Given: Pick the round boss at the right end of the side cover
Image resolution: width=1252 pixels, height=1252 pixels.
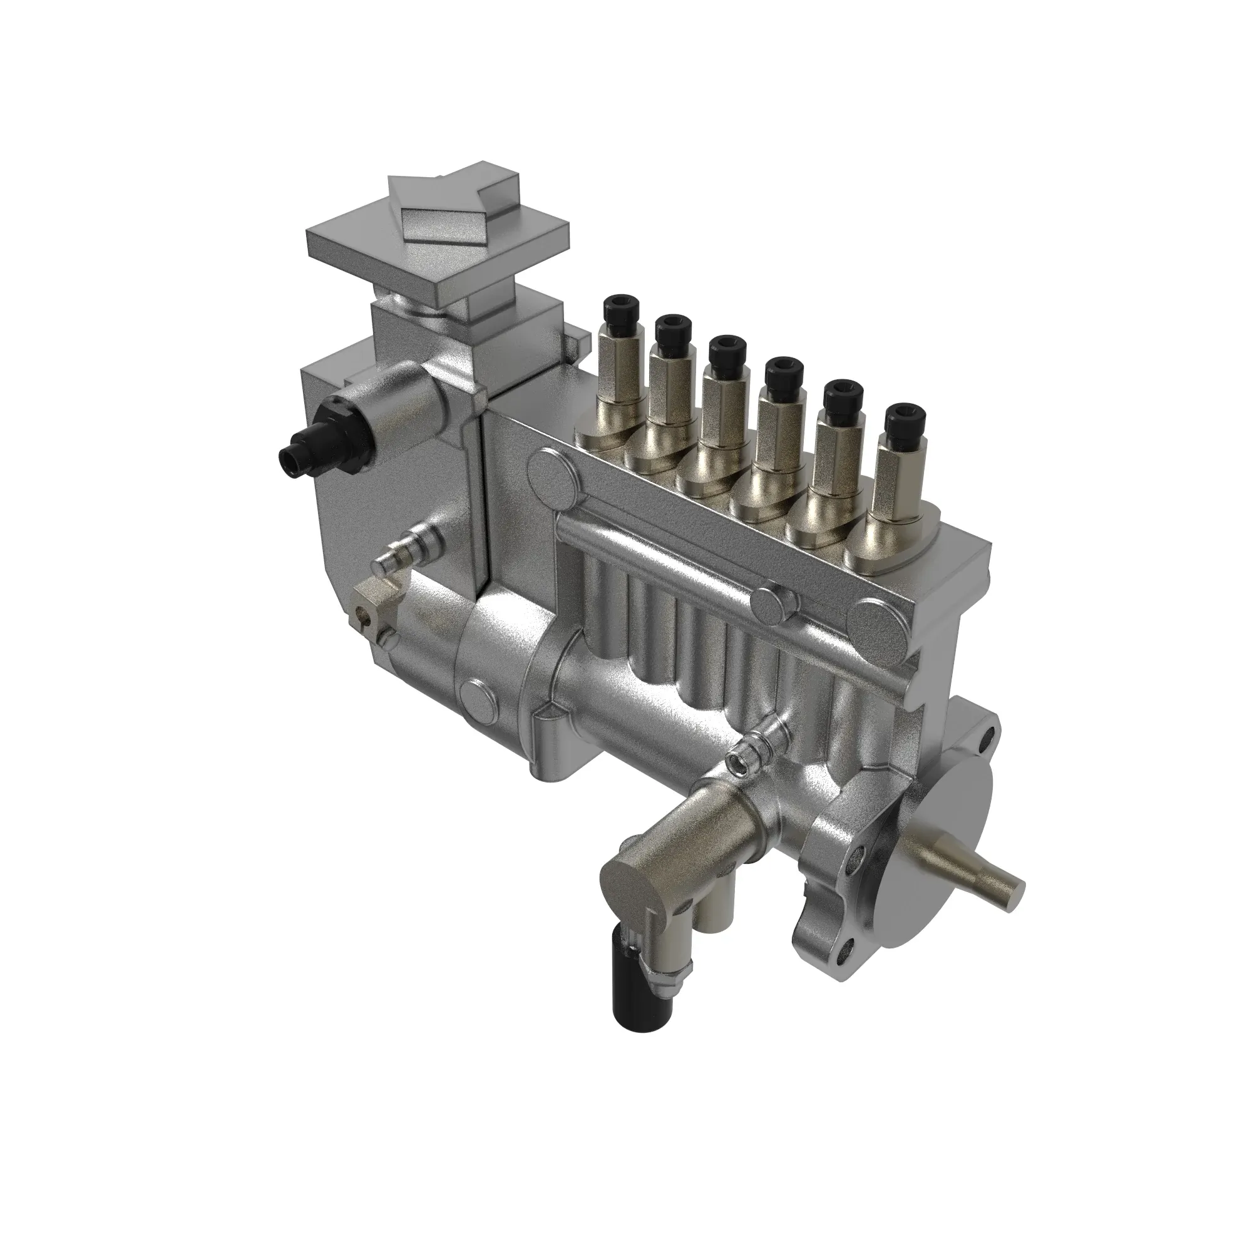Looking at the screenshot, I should [x=880, y=625].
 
